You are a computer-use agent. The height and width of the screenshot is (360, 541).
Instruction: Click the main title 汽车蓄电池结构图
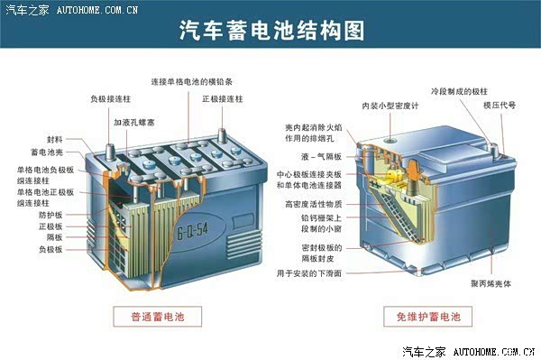[x=272, y=30]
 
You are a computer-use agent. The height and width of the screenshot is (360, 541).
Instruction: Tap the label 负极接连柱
[x=110, y=99]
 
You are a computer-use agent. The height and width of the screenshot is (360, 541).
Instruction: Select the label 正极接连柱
[x=223, y=99]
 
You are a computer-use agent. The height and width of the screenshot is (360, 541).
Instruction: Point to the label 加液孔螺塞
[x=133, y=122]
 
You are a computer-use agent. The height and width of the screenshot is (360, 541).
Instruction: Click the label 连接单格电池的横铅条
[x=192, y=82]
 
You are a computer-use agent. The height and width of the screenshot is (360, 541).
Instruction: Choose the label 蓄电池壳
[x=47, y=152]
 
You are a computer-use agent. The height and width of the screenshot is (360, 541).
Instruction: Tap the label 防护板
[x=50, y=215]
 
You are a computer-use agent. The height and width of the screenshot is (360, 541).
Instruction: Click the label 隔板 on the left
[x=54, y=237]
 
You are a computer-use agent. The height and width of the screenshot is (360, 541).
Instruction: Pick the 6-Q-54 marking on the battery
[x=193, y=230]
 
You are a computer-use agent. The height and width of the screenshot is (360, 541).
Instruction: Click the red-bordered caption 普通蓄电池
[x=157, y=317]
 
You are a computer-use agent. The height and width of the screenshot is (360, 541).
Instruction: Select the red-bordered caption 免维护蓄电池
[x=427, y=317]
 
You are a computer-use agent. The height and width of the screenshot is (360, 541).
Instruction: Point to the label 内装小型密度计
[x=390, y=106]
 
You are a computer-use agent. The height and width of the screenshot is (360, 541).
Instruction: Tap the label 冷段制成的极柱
[x=459, y=91]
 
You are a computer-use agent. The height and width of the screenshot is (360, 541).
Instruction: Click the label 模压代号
[x=500, y=106]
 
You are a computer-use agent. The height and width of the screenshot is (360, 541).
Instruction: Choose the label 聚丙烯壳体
[x=491, y=283]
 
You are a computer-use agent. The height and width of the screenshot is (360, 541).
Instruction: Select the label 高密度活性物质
[x=313, y=204]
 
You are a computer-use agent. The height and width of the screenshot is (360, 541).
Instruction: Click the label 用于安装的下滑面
[x=309, y=273]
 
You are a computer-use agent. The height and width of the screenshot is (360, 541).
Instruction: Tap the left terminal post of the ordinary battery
[x=110, y=152]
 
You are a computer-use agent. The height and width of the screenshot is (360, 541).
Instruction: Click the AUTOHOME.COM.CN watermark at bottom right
[x=494, y=352]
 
